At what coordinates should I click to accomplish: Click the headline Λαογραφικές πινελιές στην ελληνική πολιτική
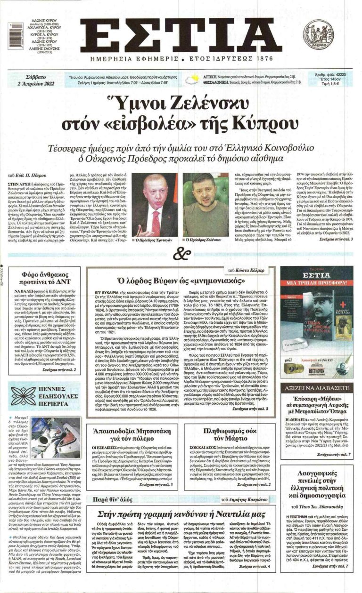pos(317,487)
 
